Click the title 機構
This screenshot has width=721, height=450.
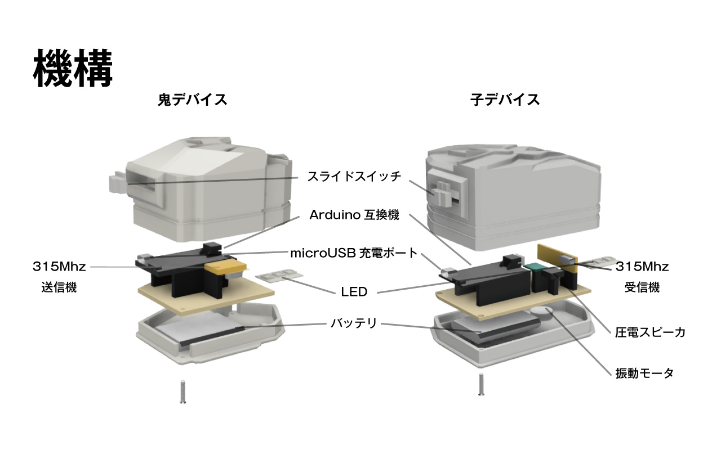tap(74, 68)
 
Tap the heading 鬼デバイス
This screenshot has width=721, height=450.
tap(192, 100)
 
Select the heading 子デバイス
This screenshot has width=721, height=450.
tap(505, 100)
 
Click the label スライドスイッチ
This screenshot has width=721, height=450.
tap(354, 176)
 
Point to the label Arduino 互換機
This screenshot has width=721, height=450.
tap(354, 215)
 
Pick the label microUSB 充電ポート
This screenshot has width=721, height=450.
tap(354, 253)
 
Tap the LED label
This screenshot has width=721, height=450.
tap(354, 291)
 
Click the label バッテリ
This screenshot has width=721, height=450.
tap(353, 323)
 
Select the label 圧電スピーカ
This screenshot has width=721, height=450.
tap(650, 332)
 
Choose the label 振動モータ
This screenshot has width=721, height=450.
tap(644, 373)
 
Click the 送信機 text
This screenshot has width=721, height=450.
tap(59, 287)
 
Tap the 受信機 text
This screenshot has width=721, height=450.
tap(642, 287)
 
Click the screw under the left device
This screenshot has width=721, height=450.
tap(183, 391)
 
